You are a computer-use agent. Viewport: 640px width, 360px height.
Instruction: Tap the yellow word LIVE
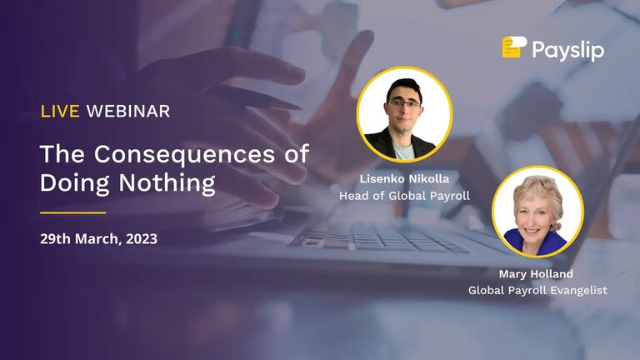coord(60,111)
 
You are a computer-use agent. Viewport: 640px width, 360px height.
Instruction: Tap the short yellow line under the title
coord(72,212)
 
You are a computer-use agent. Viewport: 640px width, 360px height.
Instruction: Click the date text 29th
coord(56,238)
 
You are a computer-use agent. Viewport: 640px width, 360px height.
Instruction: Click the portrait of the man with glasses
coord(404,115)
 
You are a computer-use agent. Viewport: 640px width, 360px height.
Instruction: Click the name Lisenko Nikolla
coord(404,178)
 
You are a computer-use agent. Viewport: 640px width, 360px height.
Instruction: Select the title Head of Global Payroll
coord(404,195)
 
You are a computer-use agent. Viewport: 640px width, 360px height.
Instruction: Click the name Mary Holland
coord(537,273)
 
